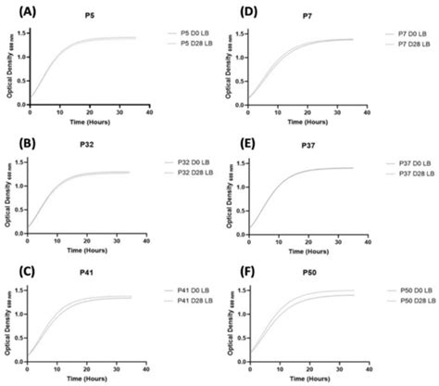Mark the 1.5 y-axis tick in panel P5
click(x=20, y=34)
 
